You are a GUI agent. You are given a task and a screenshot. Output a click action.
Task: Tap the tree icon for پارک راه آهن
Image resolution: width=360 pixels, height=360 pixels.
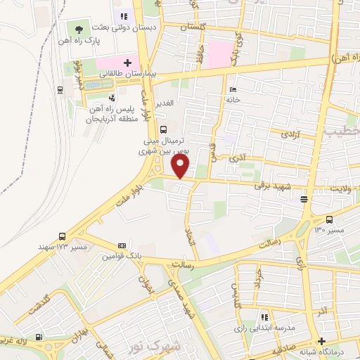[78, 30]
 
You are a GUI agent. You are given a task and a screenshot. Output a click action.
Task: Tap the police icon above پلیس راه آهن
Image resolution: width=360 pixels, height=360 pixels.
[111, 98]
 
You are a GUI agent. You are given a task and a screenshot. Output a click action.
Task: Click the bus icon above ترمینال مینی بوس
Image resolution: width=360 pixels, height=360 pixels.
[163, 129]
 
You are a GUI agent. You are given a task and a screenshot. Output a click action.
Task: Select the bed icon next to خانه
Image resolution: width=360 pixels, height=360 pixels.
[233, 89]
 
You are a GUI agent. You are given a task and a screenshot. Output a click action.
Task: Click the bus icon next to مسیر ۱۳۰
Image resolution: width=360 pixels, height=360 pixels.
[330, 219]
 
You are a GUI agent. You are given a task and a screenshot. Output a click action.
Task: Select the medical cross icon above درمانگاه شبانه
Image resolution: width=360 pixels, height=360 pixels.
[321, 341]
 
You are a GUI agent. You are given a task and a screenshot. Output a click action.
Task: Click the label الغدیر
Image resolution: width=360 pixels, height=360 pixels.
[169, 103]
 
